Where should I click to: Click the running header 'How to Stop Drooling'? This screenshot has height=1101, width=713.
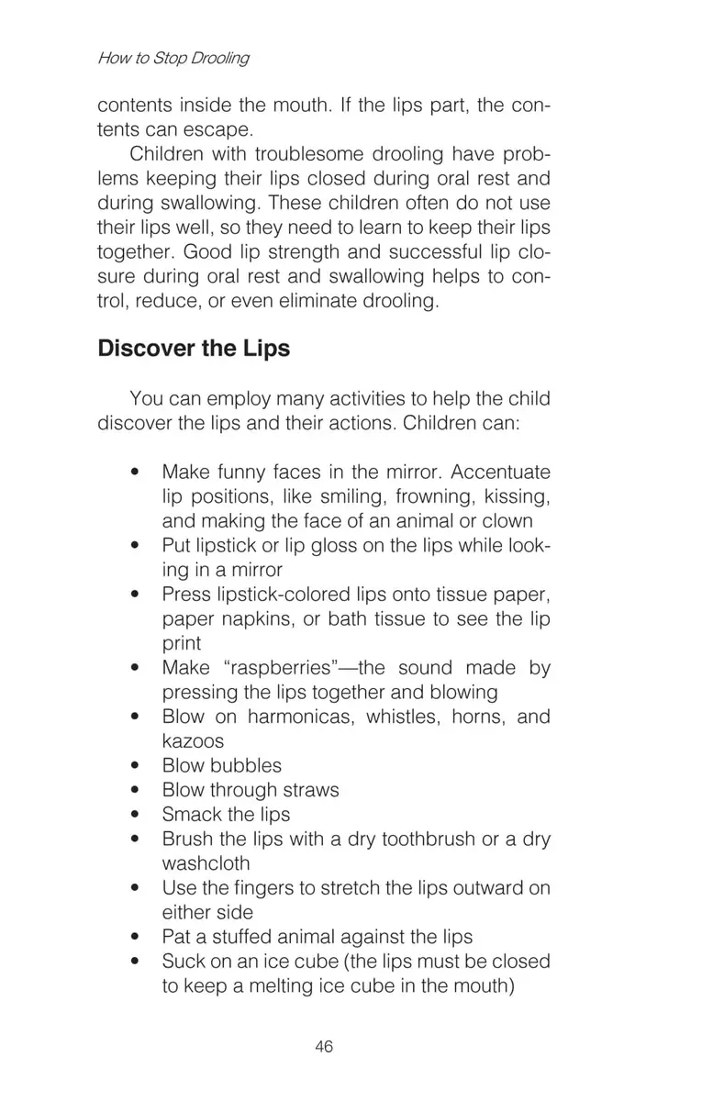click(x=173, y=58)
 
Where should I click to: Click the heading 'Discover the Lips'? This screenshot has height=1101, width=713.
click(x=194, y=349)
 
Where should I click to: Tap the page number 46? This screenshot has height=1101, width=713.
click(x=324, y=1047)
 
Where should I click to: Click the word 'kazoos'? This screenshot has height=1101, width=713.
click(x=193, y=740)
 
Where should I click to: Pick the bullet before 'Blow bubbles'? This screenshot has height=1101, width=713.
click(x=136, y=766)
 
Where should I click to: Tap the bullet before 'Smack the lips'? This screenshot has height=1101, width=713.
click(x=136, y=815)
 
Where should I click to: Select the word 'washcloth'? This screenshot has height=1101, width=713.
click(x=206, y=863)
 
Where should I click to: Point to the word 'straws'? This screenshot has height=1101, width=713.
click(x=311, y=790)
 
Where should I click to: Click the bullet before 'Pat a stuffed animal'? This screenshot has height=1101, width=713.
click(x=136, y=938)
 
